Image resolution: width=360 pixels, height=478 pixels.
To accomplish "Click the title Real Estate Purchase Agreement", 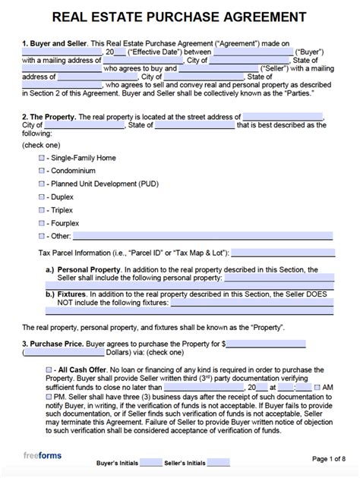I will pyautogui.click(x=180, y=17).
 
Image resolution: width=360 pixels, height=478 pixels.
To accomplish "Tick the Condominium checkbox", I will pyautogui.click(x=42, y=170).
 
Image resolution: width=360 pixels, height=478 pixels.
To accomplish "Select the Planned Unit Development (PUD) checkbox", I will pyautogui.click(x=42, y=184).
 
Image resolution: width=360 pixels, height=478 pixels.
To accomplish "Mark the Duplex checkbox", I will pyautogui.click(x=42, y=197).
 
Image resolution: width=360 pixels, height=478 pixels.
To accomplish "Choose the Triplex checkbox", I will pyautogui.click(x=42, y=211).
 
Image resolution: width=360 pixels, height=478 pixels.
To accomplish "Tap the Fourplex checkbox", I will pyautogui.click(x=42, y=225).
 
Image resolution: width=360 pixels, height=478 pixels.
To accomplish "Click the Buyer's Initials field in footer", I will pyautogui.click(x=151, y=462).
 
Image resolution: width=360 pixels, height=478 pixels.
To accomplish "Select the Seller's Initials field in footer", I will pyautogui.click(x=218, y=462).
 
